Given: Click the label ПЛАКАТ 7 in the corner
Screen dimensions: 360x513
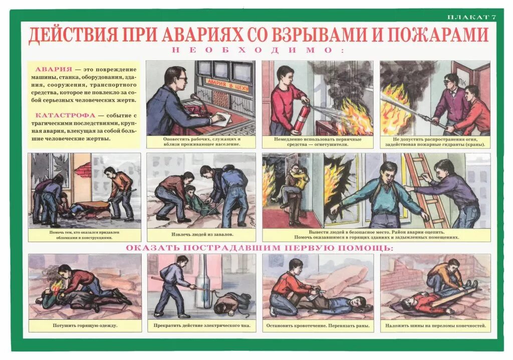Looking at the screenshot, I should tap(471, 17).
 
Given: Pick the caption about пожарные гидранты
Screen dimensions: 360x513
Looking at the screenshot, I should tap(435, 142).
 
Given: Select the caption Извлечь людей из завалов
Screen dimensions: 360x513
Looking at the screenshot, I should tap(201, 235).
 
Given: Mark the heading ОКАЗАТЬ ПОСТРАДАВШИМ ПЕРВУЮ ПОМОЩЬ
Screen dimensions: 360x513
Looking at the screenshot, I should tap(259, 248).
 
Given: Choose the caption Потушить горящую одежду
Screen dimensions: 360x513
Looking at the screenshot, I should tap(85, 325).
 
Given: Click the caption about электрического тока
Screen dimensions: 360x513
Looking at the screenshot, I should tap(201, 325).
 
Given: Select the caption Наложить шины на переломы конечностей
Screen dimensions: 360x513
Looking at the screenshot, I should tap(435, 325).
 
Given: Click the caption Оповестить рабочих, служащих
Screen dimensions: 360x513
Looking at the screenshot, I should tap(201, 141).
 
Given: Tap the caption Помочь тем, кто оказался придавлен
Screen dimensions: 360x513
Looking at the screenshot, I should tap(84, 235).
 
